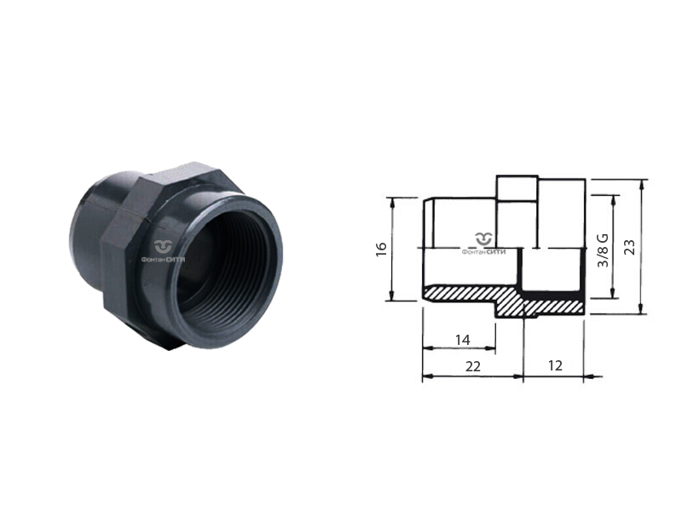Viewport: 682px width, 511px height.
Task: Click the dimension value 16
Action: pos(381,249)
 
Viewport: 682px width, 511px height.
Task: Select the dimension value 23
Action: pos(629,247)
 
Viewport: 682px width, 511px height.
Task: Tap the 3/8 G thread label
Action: pos(604,250)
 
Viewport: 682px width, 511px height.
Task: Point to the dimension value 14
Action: pos(462,340)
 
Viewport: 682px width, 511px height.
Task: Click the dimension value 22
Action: pos(473,367)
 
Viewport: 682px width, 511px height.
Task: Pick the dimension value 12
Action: pos(555,365)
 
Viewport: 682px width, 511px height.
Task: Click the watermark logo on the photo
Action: pos(163,250)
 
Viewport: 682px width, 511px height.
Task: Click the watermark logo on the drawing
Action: pos(483,244)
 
